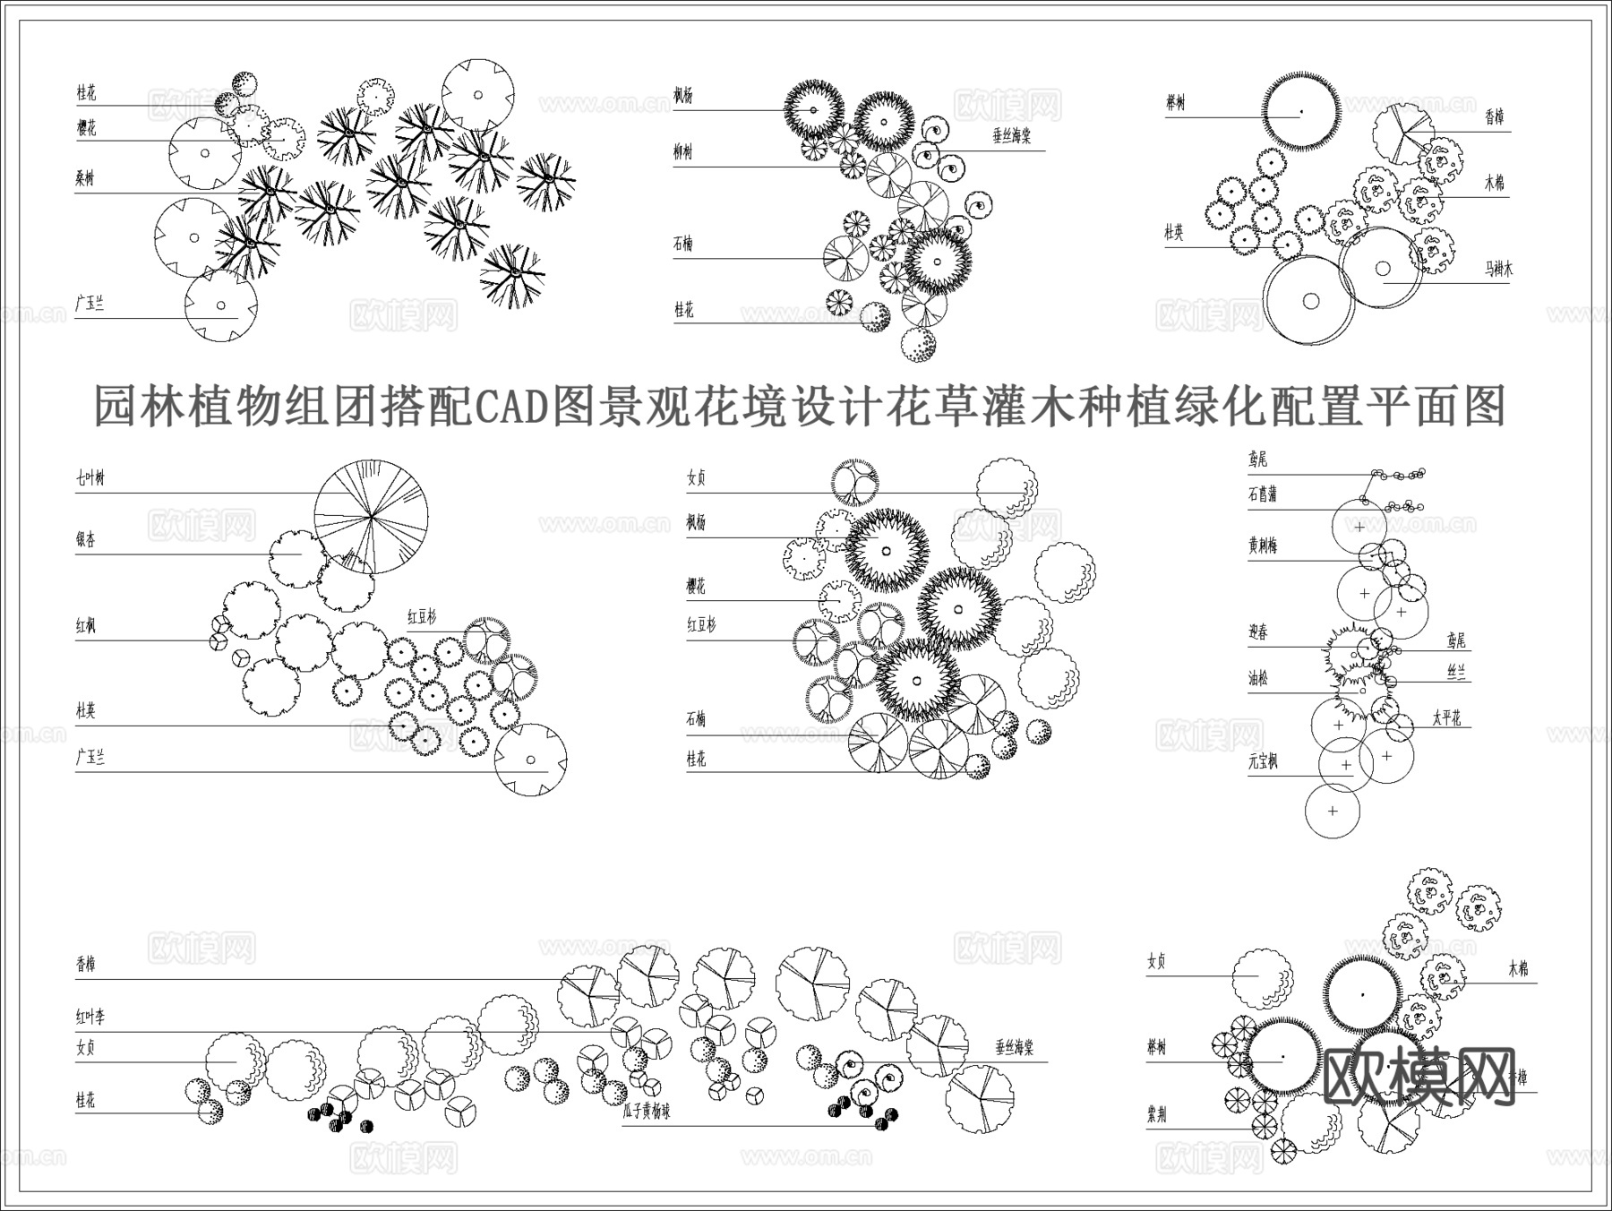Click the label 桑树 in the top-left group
(85, 178)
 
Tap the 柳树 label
(683, 152)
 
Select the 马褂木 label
(1498, 268)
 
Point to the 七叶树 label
(90, 478)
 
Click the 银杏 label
(86, 539)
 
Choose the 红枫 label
(86, 626)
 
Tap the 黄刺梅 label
(1263, 545)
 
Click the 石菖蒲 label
(1263, 494)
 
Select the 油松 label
(1258, 678)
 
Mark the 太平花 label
(1445, 717)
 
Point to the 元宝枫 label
(1263, 762)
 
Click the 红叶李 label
(90, 1017)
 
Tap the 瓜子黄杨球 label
(646, 1112)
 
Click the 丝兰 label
(1456, 672)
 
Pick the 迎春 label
(1258, 632)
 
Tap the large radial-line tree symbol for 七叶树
(372, 516)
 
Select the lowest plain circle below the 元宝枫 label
(1333, 812)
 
